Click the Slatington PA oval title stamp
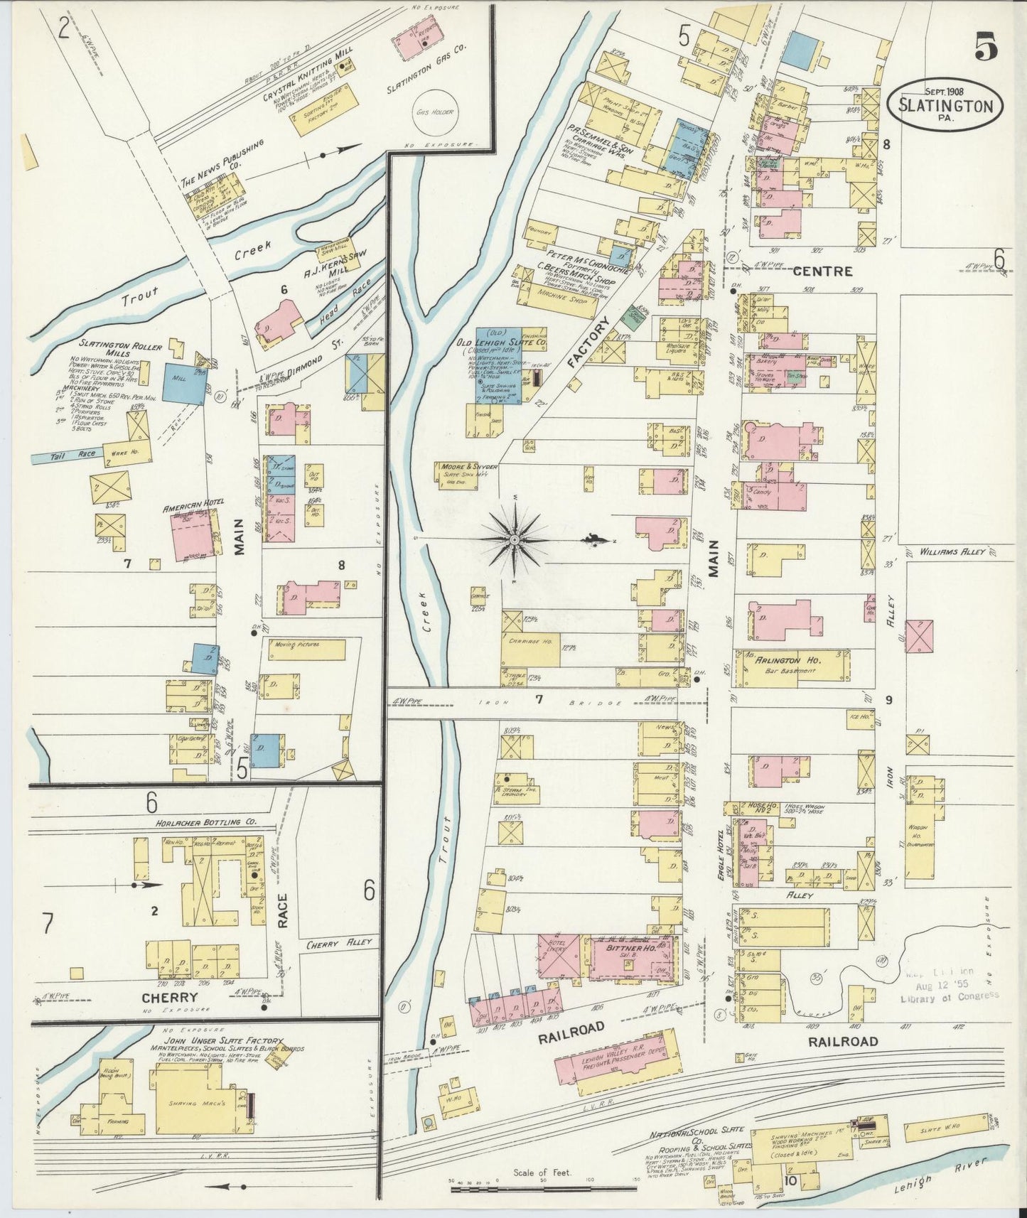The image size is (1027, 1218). (x=945, y=105)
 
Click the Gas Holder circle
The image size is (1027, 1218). (x=436, y=111)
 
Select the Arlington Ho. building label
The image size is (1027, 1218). (x=783, y=660)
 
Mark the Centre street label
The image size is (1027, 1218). (x=822, y=271)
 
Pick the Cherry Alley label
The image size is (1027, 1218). (x=339, y=944)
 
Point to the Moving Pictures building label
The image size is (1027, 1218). (x=294, y=645)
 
